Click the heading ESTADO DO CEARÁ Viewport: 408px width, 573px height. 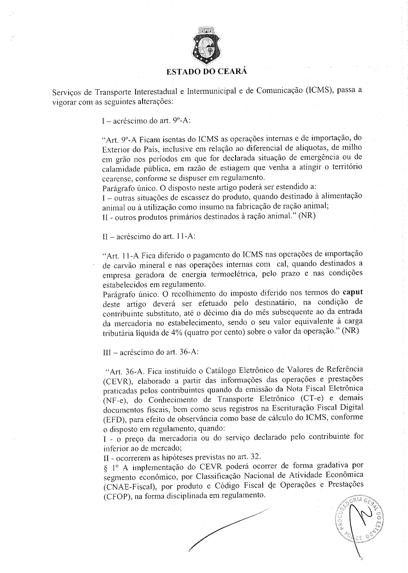[x=207, y=71]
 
